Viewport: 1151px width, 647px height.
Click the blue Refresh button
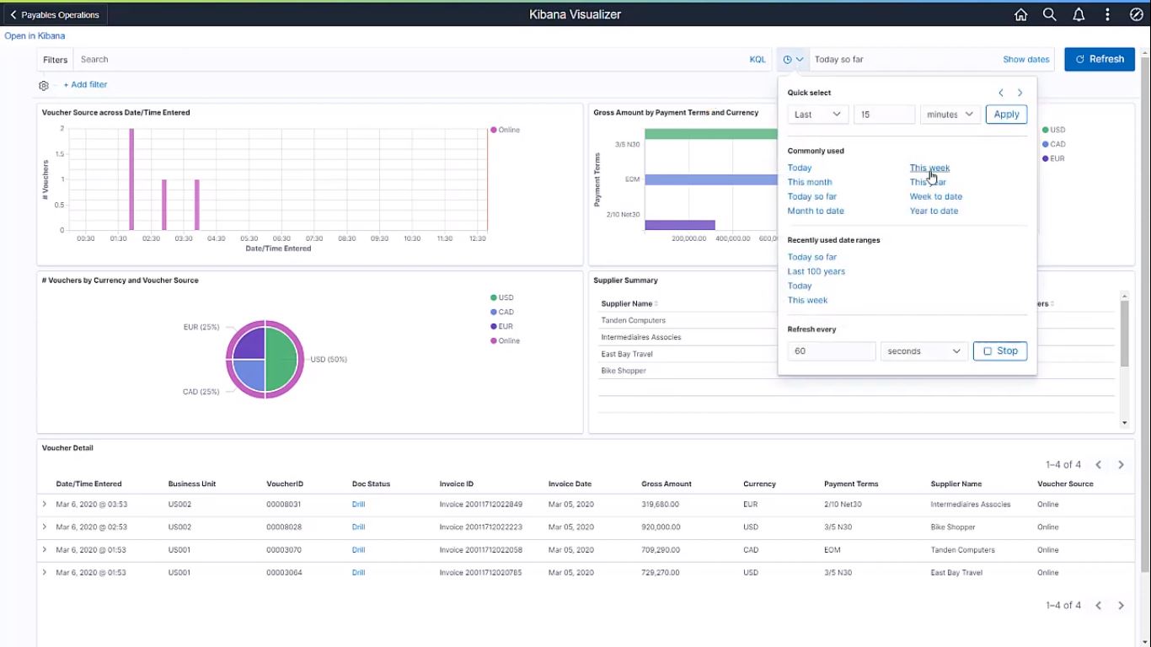pyautogui.click(x=1099, y=59)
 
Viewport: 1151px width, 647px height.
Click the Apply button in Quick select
pyautogui.click(x=1006, y=115)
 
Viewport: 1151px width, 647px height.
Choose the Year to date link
pyautogui.click(x=934, y=211)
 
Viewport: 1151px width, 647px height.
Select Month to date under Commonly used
pyautogui.click(x=815, y=211)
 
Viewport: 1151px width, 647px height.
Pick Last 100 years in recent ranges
pyautogui.click(x=816, y=271)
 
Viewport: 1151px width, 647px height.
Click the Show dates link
pyautogui.click(x=1025, y=60)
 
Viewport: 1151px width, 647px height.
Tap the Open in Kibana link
pyautogui.click(x=35, y=36)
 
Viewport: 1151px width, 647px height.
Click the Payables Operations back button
pyautogui.click(x=55, y=14)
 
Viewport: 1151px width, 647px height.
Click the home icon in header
pyautogui.click(x=1020, y=14)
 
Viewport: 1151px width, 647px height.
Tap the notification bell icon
pyautogui.click(x=1079, y=14)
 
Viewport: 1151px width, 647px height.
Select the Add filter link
pyautogui.click(x=85, y=85)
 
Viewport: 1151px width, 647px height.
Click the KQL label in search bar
pyautogui.click(x=758, y=60)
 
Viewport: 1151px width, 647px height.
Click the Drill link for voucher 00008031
pyautogui.click(x=358, y=505)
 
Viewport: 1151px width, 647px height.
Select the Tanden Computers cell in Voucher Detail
pyautogui.click(x=962, y=550)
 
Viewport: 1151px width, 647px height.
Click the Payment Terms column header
pyautogui.click(x=850, y=484)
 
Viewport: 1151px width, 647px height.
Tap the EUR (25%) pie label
pyautogui.click(x=201, y=327)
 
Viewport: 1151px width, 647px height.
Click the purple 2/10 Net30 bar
pyautogui.click(x=679, y=225)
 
